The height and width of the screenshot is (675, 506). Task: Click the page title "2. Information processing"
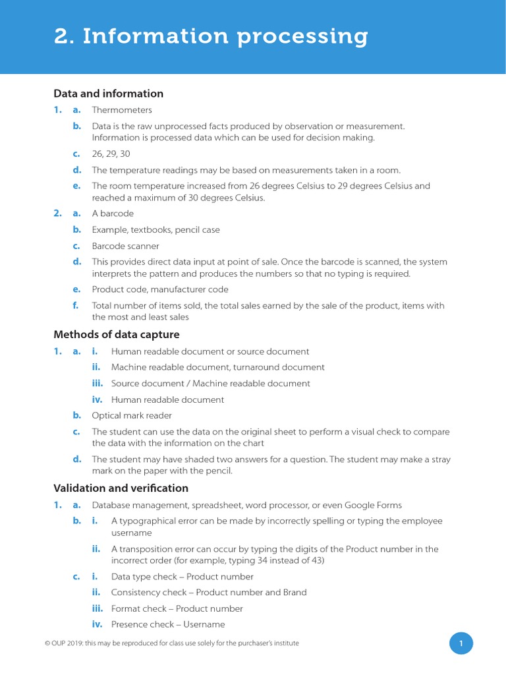tap(211, 36)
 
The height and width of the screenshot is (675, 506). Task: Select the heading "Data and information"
tap(108, 94)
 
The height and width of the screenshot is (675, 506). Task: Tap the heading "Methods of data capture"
tap(116, 335)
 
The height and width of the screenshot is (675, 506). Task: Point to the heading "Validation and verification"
tap(121, 488)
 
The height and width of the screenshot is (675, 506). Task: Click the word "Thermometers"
tap(122, 110)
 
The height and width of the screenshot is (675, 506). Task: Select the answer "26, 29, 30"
tap(111, 154)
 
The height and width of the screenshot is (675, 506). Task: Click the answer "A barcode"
tap(113, 214)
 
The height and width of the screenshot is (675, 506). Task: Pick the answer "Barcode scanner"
tap(125, 246)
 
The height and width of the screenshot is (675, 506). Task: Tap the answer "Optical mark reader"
tap(132, 416)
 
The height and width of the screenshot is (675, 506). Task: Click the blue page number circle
tap(461, 643)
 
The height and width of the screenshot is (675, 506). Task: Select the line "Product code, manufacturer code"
tap(160, 289)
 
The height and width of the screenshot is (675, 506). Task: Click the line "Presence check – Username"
tap(168, 624)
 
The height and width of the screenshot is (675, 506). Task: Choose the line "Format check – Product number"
tap(177, 608)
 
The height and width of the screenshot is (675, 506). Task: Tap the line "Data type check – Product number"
tap(182, 577)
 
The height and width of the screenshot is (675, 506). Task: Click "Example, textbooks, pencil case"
tap(155, 230)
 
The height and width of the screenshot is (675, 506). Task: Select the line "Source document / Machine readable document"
tap(210, 384)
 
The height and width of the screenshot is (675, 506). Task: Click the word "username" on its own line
tap(131, 533)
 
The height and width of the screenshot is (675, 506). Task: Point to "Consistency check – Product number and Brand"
tap(209, 593)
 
